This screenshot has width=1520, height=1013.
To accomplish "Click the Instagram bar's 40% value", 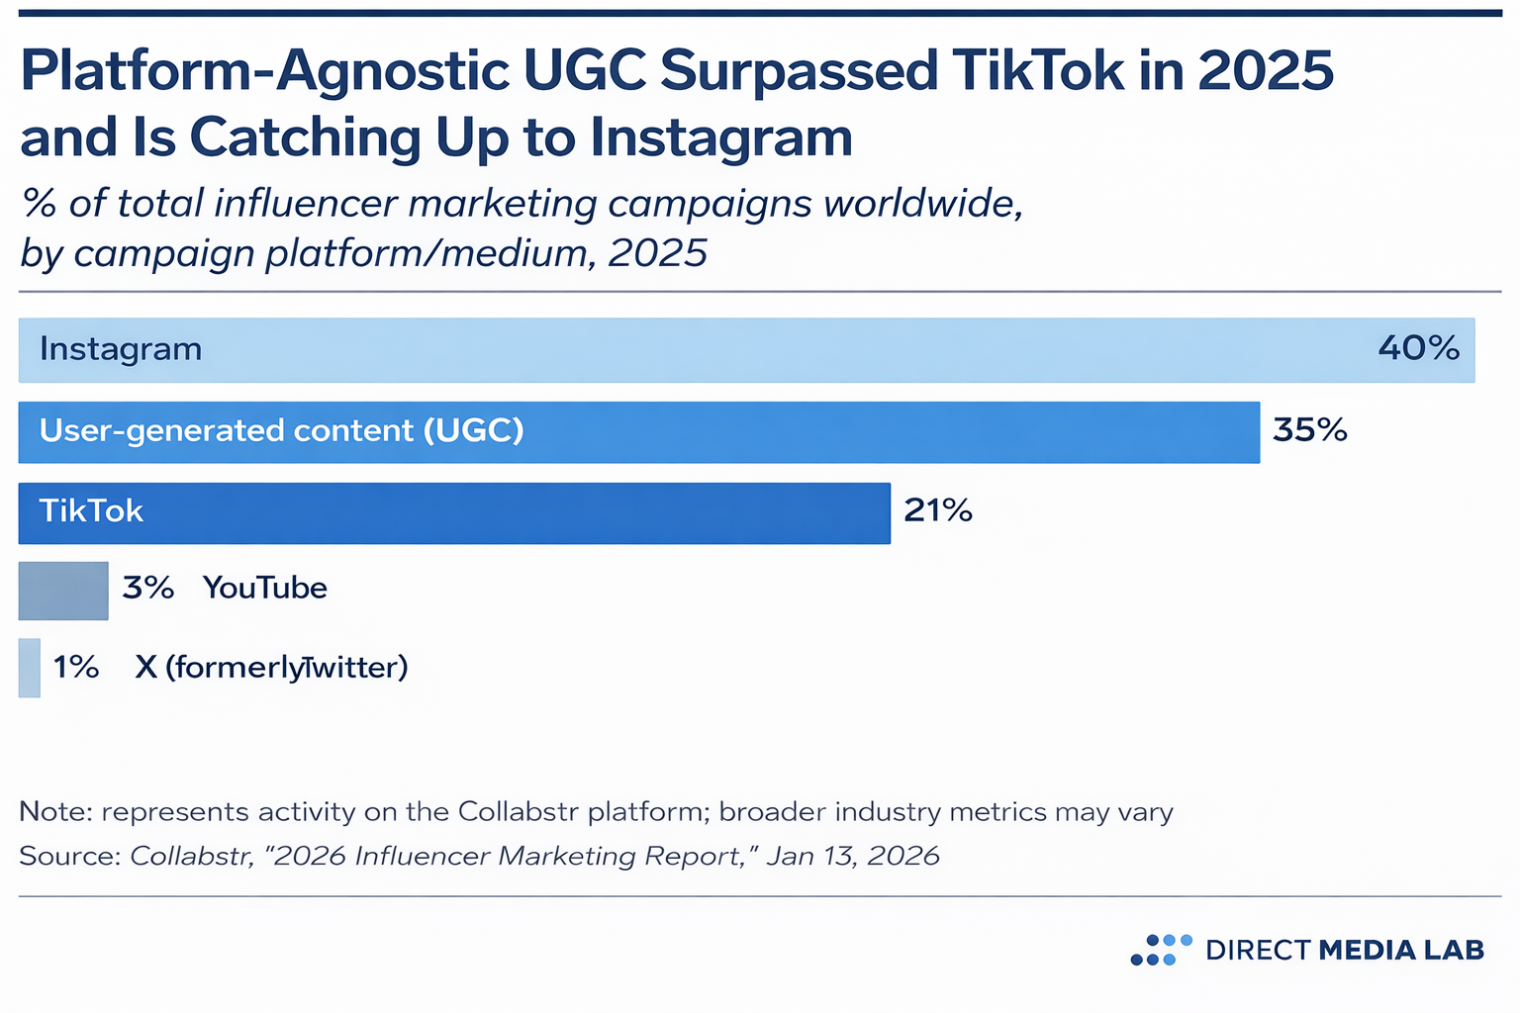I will click(1418, 348).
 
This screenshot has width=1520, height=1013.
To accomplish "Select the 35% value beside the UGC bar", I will click(1309, 430).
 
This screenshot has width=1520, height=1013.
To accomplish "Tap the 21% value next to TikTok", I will click(937, 510).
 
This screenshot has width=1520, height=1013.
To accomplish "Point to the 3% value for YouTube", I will click(147, 588).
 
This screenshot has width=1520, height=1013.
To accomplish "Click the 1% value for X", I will click(76, 667).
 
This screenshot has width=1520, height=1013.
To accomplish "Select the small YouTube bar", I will click(63, 591).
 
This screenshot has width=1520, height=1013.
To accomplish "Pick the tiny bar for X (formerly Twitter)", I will click(30, 668).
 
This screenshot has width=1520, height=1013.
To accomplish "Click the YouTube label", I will click(264, 588).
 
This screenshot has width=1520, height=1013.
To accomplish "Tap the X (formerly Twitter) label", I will click(271, 667).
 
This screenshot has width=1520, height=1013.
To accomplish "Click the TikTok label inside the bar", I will click(91, 510).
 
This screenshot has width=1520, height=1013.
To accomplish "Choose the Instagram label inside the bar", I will click(121, 348).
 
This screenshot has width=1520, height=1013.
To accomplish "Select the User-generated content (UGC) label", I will click(281, 430).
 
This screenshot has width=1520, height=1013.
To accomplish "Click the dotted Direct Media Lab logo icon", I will click(1161, 950).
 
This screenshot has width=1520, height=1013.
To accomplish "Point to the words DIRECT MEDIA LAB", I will click(1345, 950).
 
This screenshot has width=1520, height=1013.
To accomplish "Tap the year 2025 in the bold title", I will click(1265, 71).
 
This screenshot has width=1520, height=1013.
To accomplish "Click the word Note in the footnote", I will click(55, 812).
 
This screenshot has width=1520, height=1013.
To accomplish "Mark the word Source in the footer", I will click(69, 856).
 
